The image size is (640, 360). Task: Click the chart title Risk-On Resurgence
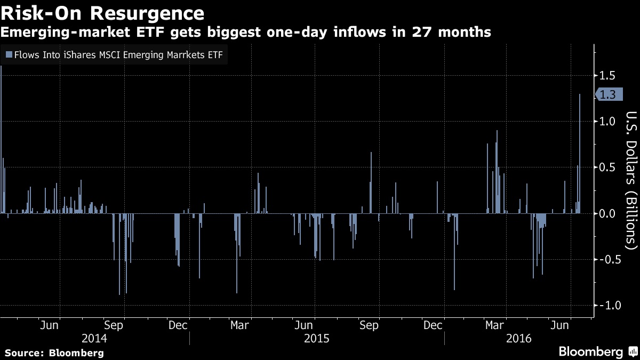point(102,13)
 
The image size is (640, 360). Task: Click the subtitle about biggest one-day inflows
point(245,33)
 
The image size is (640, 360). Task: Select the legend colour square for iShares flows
point(9,54)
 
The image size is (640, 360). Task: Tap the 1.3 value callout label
point(608,95)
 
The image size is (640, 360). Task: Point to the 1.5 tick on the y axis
point(607,75)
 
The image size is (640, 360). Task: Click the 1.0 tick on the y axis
point(607,121)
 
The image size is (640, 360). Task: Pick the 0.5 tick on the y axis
point(607,167)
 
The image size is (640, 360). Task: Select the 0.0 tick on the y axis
point(607,213)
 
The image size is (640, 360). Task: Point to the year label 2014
point(94,339)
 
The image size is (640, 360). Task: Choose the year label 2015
point(317,339)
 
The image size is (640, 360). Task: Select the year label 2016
point(518,339)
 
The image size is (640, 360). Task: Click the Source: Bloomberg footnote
point(54,353)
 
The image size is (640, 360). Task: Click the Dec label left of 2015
point(178,325)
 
